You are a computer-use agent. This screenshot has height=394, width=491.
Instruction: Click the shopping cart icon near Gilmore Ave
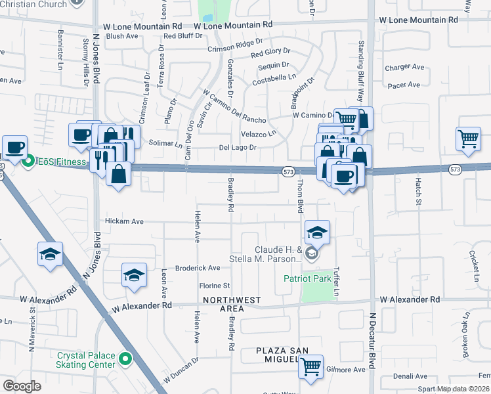click(311, 366)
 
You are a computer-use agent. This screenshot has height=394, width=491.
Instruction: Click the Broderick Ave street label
click(198, 268)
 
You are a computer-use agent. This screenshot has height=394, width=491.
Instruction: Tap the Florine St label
click(215, 286)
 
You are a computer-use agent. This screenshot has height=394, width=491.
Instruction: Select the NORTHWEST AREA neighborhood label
click(231, 304)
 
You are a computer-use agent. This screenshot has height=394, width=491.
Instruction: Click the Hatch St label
click(417, 190)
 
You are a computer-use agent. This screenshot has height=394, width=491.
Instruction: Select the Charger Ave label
click(406, 67)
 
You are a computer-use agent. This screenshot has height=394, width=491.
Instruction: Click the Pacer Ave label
click(404, 85)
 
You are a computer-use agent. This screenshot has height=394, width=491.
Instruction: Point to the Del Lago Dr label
click(237, 148)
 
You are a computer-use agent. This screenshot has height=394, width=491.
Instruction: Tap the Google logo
click(22, 386)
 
